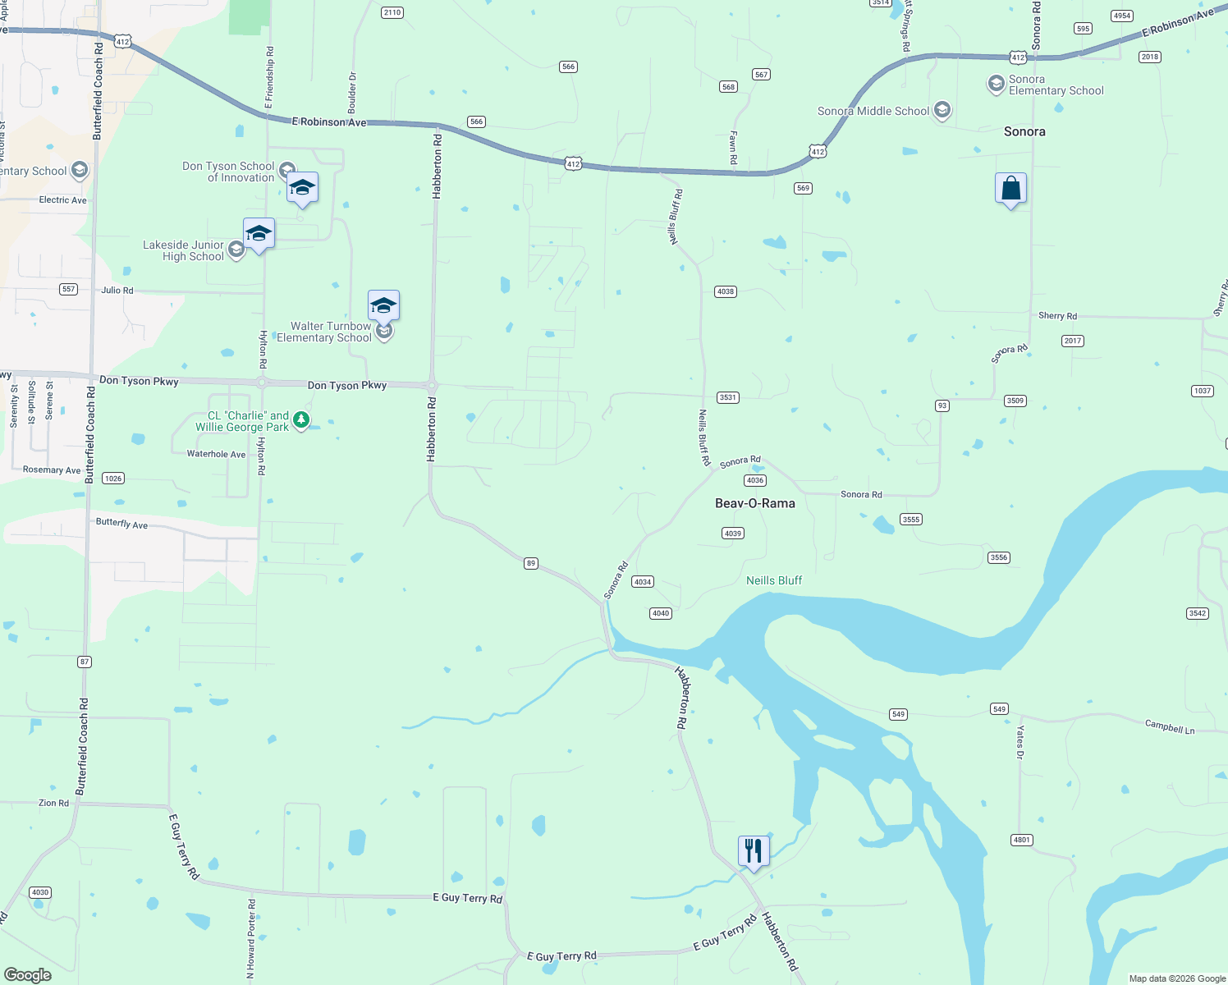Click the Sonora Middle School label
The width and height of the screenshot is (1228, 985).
tap(873, 112)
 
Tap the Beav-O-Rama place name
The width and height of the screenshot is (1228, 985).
tap(754, 503)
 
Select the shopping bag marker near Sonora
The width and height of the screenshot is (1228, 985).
tap(1010, 189)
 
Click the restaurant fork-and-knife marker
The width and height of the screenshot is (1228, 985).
tap(754, 850)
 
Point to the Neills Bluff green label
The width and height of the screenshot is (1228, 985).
tap(773, 580)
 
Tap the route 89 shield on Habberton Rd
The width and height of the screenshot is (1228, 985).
tap(531, 563)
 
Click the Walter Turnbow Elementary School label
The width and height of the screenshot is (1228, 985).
tap(324, 332)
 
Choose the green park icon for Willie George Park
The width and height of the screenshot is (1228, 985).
tap(301, 420)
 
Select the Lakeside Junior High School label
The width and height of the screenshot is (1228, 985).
tap(183, 250)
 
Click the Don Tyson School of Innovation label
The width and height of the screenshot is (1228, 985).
tap(228, 172)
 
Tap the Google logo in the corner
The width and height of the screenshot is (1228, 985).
tap(28, 974)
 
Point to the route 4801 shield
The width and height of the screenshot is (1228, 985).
tap(1021, 840)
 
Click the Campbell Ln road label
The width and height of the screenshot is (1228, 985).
tap(1169, 727)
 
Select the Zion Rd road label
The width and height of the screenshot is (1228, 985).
tap(53, 803)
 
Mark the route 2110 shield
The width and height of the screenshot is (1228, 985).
tap(392, 12)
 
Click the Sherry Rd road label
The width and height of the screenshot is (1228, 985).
tap(1057, 316)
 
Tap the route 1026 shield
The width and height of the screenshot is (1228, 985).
tap(113, 479)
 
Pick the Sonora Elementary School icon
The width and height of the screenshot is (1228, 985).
tap(996, 84)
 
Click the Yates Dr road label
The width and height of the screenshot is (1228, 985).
tap(1020, 742)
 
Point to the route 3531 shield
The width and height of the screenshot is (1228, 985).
tap(727, 397)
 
